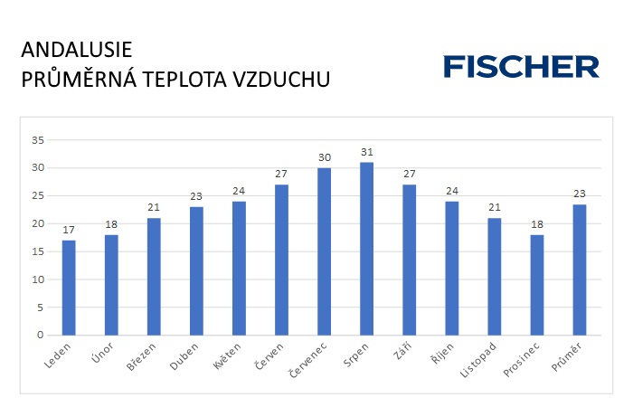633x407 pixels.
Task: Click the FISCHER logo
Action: coord(521,66)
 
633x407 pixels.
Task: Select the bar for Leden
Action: coord(69,288)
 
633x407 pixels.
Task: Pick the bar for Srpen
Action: coord(366,249)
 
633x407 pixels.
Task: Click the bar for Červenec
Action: coord(324,251)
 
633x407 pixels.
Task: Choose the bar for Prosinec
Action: coord(536,285)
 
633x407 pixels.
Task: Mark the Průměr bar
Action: coord(580,270)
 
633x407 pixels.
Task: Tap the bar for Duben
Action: coord(196,270)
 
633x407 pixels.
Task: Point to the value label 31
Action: coord(366,152)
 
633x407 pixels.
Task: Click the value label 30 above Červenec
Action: coord(324,157)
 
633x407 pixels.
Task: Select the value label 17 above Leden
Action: coord(69,230)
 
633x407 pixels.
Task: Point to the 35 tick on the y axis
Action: coord(38,140)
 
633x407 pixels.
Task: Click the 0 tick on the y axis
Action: coord(42,336)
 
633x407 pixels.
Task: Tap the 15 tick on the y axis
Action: coord(38,251)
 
